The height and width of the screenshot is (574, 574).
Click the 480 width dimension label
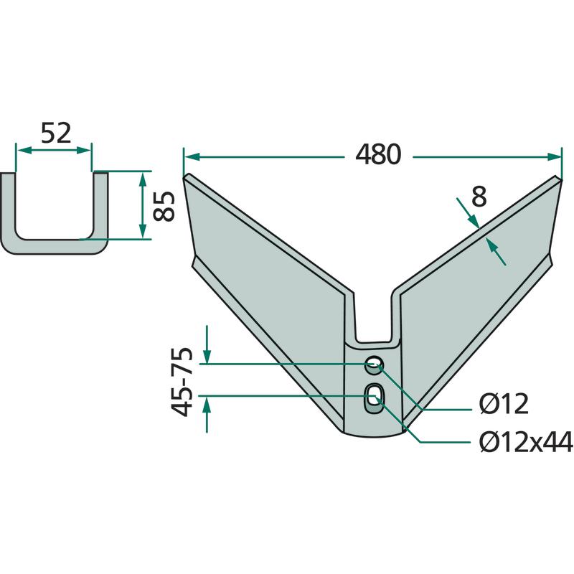[x=378, y=154]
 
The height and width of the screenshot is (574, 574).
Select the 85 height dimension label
[x=164, y=206]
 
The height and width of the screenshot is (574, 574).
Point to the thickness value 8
[x=479, y=197]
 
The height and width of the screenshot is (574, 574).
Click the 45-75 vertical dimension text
[x=182, y=382]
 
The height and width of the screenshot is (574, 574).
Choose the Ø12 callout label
[x=504, y=404]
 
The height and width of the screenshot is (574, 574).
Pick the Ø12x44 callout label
[x=526, y=441]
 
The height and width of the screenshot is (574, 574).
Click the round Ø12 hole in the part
[x=374, y=364]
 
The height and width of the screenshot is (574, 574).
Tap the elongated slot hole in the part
[x=373, y=398]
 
